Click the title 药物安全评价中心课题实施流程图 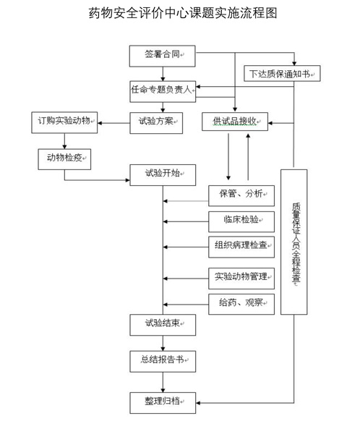pos(183,13)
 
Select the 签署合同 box pos(163,56)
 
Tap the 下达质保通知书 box pos(282,73)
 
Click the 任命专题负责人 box pos(163,91)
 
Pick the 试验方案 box pos(156,123)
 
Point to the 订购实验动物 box pos(64,122)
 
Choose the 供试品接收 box pos(235,122)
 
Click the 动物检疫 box pos(64,159)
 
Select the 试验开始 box pos(163,175)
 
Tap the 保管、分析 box pos(241,196)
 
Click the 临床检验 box pos(241,221)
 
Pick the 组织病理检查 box pos(241,247)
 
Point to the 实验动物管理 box pos(241,279)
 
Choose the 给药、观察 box pos(241,304)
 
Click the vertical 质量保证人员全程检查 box pos(294,242)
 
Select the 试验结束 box pos(163,325)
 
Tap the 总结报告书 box pos(163,362)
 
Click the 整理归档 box pos(163,403)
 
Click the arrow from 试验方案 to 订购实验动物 pos(113,123)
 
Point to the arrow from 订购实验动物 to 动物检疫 pos(64,141)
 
